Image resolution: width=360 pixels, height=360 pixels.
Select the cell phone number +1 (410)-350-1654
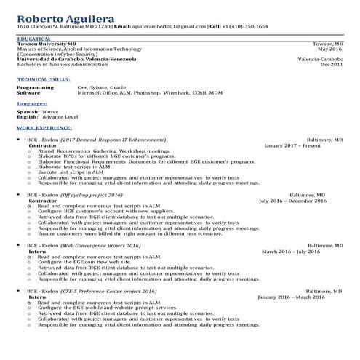pos(245,26)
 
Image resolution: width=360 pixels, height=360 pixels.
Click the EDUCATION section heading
pos(35,39)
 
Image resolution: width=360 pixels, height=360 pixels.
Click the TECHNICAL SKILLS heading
pos(44,78)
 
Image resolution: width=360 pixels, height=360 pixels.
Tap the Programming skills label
pos(35,87)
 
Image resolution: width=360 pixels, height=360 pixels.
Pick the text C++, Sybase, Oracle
pos(103,87)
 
